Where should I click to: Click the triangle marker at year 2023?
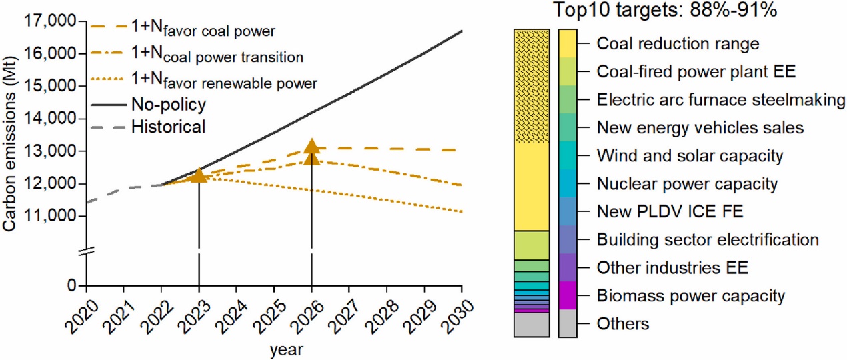pos(199,175)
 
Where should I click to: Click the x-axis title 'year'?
pos(273,348)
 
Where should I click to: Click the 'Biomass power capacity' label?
pos(691,295)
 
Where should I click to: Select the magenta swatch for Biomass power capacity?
pos(568,295)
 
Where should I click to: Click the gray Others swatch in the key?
pos(568,323)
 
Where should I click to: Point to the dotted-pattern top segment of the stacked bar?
pos(531,85)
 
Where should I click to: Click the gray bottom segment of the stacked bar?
pos(531,325)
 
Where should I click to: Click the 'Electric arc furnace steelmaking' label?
pos(721,100)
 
